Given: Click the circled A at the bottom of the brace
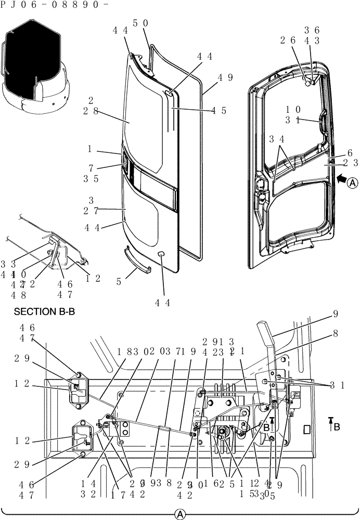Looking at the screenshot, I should coord(180,514).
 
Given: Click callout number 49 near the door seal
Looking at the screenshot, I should coord(225,77).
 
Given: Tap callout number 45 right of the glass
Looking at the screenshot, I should coord(219,110).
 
